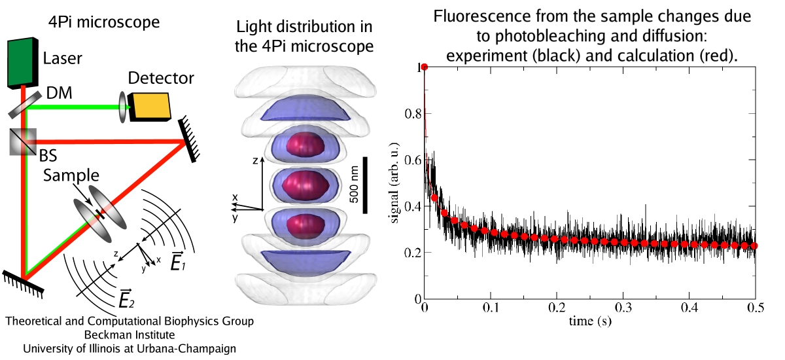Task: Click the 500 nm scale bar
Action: click(x=365, y=185)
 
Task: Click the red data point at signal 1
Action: click(x=424, y=67)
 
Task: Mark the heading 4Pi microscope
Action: click(x=103, y=22)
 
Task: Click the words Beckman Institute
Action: click(x=129, y=334)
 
